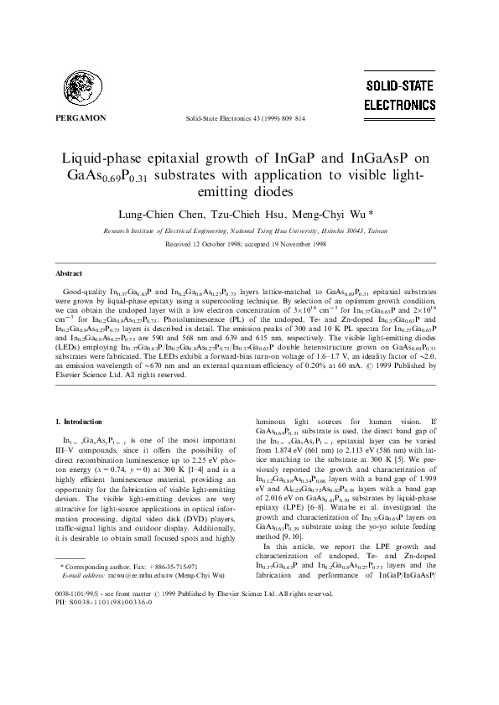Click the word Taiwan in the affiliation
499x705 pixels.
[x=381, y=229]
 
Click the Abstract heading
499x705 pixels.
[x=69, y=274]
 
